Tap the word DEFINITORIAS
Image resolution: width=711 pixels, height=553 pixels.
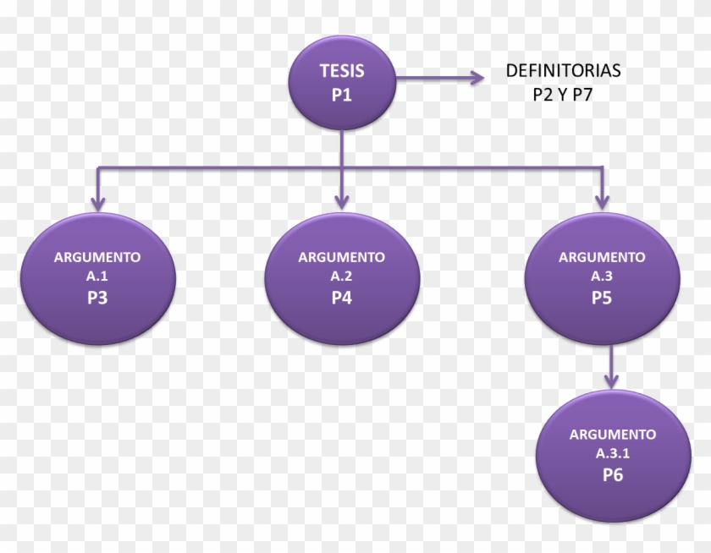(x=562, y=72)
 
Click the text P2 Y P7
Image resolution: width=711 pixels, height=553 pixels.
(x=562, y=95)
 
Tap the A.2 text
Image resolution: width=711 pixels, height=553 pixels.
(x=341, y=276)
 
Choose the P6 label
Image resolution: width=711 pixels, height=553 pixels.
(x=613, y=475)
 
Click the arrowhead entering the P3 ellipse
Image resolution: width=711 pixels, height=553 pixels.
(x=97, y=203)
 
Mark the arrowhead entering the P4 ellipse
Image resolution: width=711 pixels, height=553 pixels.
(x=341, y=203)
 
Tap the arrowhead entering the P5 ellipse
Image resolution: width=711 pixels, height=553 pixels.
(x=602, y=202)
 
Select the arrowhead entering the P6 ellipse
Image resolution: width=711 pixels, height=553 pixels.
(x=612, y=381)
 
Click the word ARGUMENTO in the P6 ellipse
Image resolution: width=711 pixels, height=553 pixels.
(x=613, y=435)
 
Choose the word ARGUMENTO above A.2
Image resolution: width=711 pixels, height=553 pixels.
(x=341, y=257)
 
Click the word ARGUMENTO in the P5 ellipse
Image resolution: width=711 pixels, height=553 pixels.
(x=602, y=257)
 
